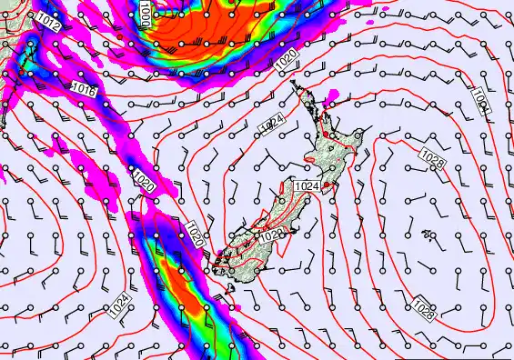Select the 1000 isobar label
point(146,13)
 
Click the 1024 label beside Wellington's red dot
point(307,185)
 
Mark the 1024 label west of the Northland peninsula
point(270,122)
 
